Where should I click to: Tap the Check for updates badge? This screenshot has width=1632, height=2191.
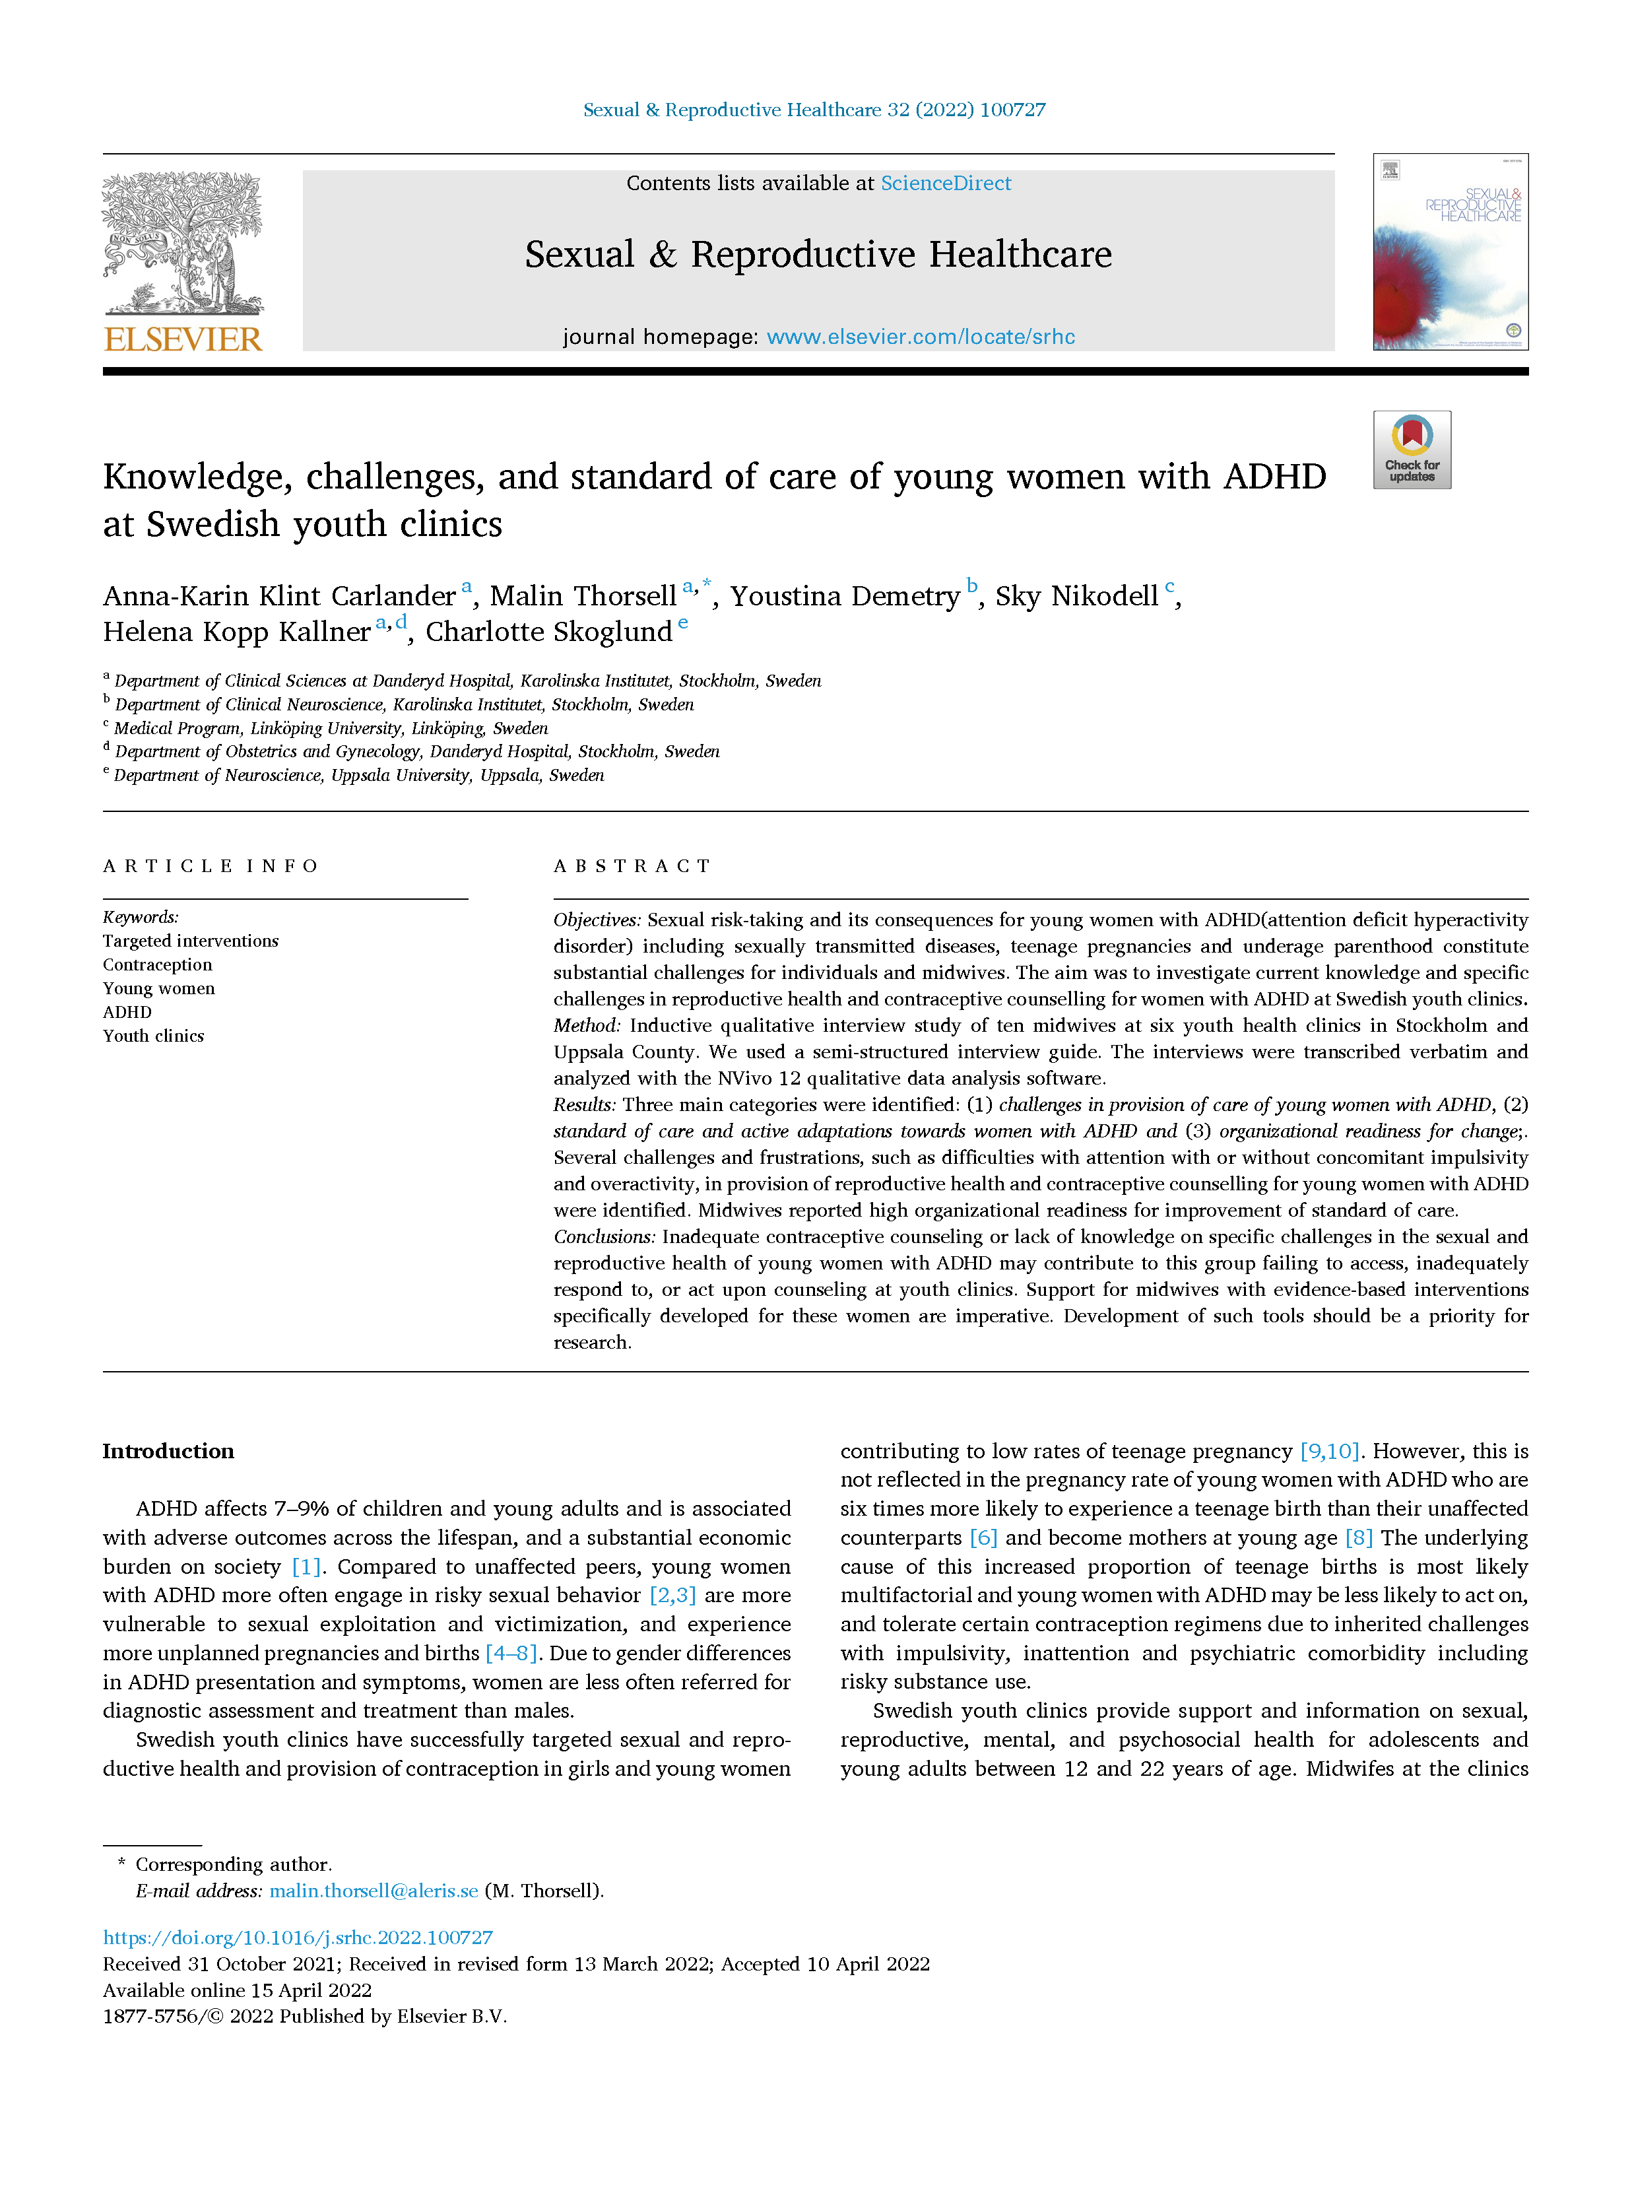point(1411,450)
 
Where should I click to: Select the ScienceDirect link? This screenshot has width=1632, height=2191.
point(946,183)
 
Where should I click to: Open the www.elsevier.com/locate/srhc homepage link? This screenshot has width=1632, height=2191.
point(920,337)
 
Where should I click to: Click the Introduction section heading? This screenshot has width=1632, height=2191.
point(168,1451)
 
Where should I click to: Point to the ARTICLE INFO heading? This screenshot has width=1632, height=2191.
point(211,865)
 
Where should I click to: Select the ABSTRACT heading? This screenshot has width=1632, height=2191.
point(632,865)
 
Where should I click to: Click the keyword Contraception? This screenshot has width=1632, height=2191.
point(157,964)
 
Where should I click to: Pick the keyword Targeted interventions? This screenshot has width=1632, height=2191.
point(191,941)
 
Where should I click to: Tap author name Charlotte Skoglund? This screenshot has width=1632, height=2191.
point(548,632)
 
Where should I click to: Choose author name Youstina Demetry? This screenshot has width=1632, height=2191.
point(845,596)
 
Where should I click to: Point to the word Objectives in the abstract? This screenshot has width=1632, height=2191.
point(597,920)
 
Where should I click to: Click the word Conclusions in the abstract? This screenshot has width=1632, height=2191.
point(604,1236)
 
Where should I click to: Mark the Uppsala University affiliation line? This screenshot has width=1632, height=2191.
point(358,776)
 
